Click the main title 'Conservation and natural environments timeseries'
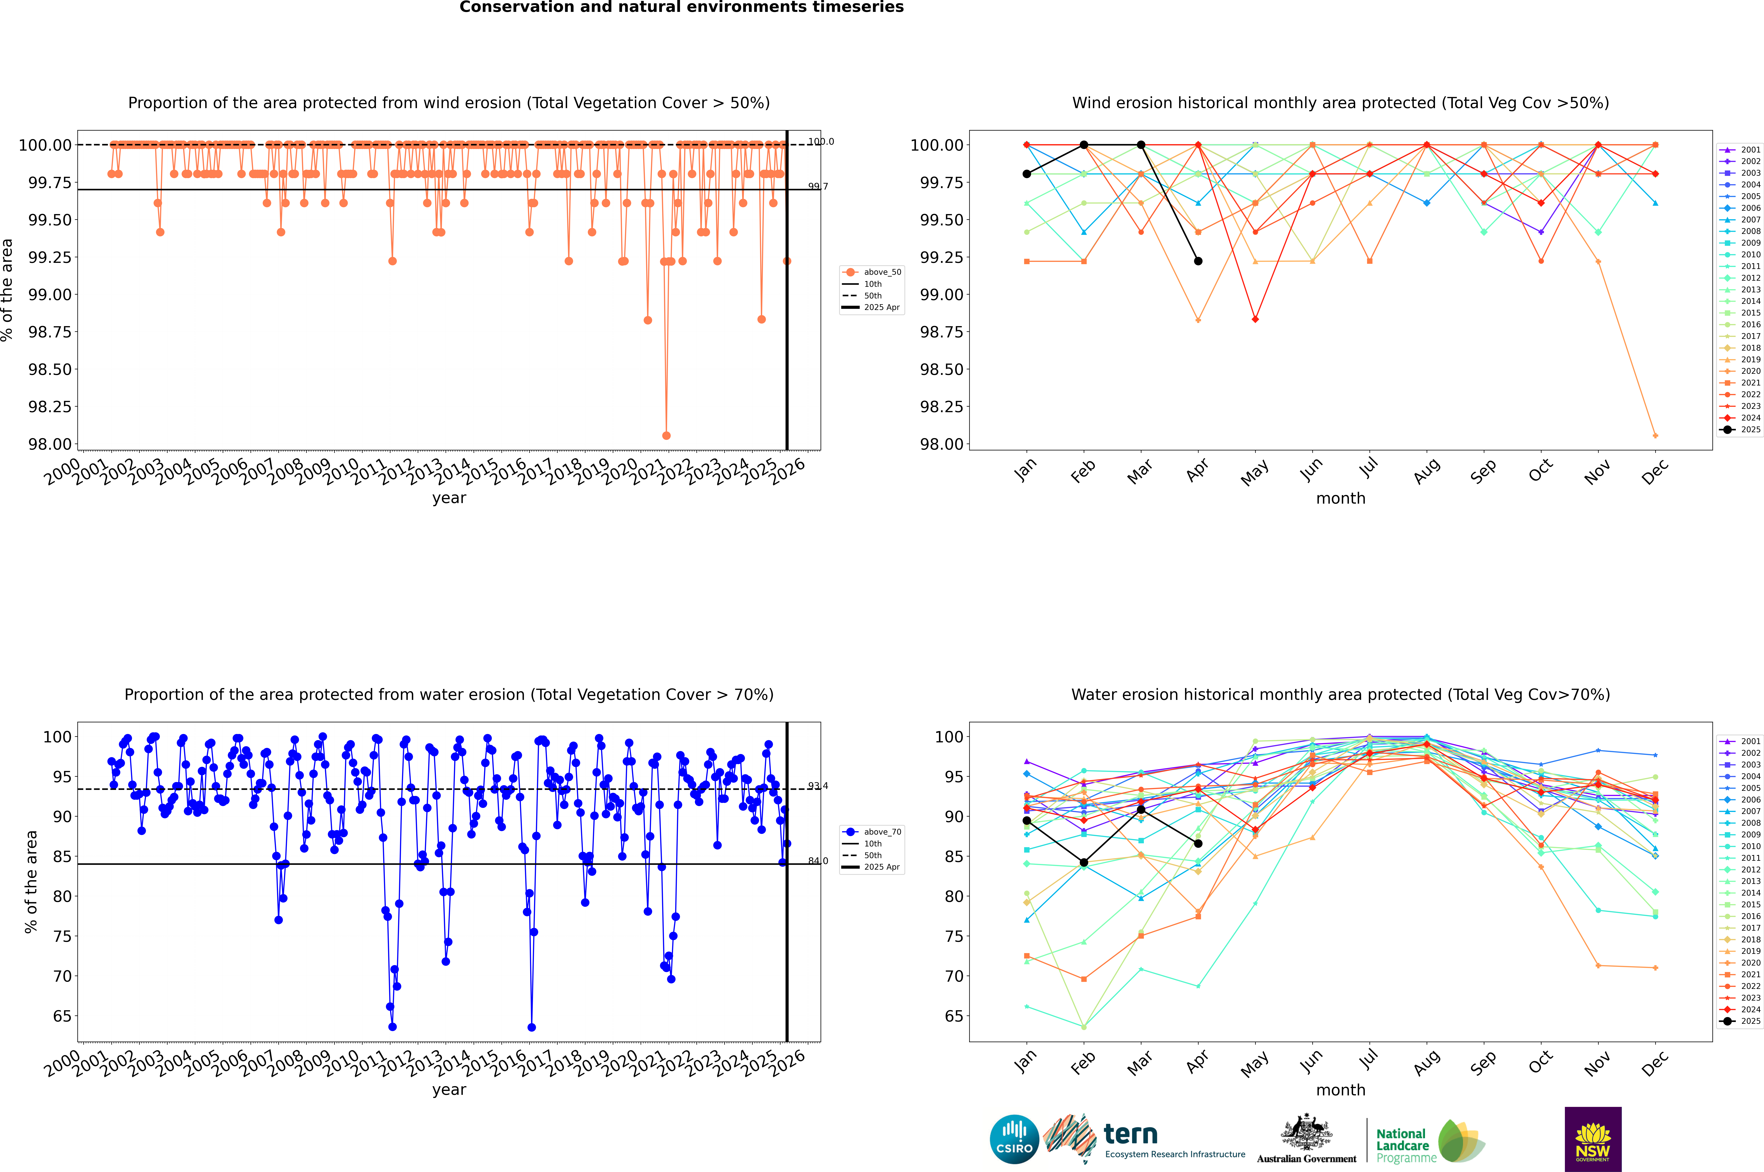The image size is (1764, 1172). [681, 7]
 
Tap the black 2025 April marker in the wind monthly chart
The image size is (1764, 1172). [1198, 261]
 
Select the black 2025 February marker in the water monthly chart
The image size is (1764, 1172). [1084, 863]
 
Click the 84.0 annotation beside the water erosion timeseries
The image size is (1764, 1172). [818, 861]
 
